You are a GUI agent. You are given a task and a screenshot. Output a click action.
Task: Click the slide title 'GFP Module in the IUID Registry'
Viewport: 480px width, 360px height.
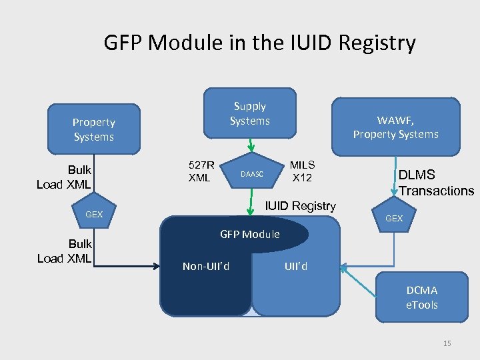(x=259, y=43)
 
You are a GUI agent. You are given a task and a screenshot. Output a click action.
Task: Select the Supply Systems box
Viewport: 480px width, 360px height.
(x=249, y=114)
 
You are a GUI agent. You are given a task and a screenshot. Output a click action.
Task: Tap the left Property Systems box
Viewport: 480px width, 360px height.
(x=93, y=129)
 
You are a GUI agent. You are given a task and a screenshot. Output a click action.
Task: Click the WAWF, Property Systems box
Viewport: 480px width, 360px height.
(x=395, y=127)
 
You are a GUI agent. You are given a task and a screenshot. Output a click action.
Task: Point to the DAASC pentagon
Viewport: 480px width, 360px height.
(x=252, y=175)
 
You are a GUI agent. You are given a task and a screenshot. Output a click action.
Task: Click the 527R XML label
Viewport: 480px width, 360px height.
(x=201, y=171)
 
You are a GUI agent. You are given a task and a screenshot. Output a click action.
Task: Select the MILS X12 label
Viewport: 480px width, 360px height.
(x=301, y=171)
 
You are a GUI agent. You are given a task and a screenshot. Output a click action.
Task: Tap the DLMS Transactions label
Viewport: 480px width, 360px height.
(x=436, y=183)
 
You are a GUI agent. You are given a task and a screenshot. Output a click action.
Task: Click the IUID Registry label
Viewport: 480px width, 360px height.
(x=301, y=206)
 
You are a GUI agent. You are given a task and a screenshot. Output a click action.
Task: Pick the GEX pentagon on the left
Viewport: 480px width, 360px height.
(x=94, y=214)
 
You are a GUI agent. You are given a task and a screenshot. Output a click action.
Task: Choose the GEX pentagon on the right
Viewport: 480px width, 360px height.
(x=394, y=218)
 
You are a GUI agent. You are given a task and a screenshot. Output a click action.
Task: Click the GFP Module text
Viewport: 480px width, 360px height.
(x=250, y=234)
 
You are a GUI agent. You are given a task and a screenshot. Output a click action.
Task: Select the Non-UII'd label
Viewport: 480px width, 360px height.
(x=206, y=267)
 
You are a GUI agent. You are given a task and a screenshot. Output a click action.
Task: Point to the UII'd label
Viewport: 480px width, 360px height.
(x=296, y=267)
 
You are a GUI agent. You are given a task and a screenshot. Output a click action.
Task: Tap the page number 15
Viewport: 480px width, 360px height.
(x=447, y=343)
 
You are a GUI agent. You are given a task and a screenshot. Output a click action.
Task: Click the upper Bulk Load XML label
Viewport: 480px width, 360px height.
(x=64, y=177)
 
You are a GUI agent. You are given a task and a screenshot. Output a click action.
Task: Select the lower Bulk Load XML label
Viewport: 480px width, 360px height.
(x=64, y=251)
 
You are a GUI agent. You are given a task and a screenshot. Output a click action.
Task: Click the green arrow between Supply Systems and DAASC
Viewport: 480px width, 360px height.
(x=250, y=145)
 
